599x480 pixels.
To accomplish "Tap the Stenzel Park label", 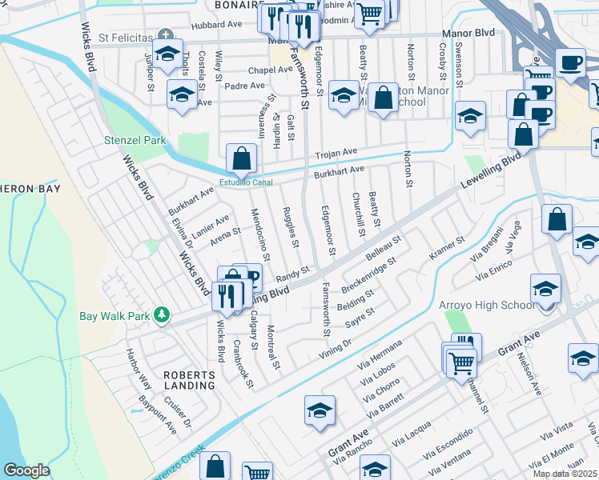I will click(x=135, y=140).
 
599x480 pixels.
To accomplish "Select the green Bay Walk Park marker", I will click(x=163, y=315).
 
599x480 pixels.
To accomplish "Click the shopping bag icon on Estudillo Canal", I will click(x=241, y=160).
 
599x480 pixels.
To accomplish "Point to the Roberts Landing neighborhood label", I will click(x=190, y=379).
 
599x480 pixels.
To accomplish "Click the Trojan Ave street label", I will click(x=336, y=152).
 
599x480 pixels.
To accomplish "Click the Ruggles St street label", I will click(x=291, y=226).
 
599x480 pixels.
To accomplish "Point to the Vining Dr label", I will click(x=336, y=346).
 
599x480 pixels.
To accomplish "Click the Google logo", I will click(x=27, y=470).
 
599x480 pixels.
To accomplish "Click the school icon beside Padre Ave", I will click(x=183, y=94).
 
